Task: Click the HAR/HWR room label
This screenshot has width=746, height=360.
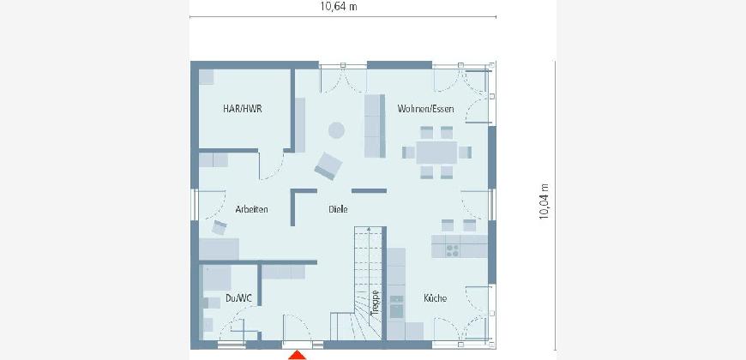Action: point(242,109)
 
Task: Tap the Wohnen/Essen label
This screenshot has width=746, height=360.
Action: point(425,109)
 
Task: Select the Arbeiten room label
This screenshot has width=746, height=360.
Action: point(252,209)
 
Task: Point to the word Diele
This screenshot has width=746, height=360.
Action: point(338,209)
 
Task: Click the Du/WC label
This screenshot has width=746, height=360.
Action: point(239,298)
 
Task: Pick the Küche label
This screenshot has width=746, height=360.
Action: point(436,298)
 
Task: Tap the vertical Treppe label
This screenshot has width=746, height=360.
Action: point(375,303)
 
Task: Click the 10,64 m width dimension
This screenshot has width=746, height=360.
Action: point(339,6)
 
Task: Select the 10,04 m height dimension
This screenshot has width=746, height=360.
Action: point(544,201)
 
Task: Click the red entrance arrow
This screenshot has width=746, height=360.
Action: point(298,355)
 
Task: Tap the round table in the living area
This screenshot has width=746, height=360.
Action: point(336,130)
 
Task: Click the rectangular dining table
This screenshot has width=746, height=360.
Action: point(436,153)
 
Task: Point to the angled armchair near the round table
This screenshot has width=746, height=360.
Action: point(328,166)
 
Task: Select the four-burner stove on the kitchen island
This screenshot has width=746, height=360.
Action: point(453,250)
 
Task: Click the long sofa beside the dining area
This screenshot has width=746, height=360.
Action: point(375,125)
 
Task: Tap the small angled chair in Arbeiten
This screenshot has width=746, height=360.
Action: point(220,228)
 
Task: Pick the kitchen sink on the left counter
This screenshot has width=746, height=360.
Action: point(396,307)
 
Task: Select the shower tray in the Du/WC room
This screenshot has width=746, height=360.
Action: point(217,278)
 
